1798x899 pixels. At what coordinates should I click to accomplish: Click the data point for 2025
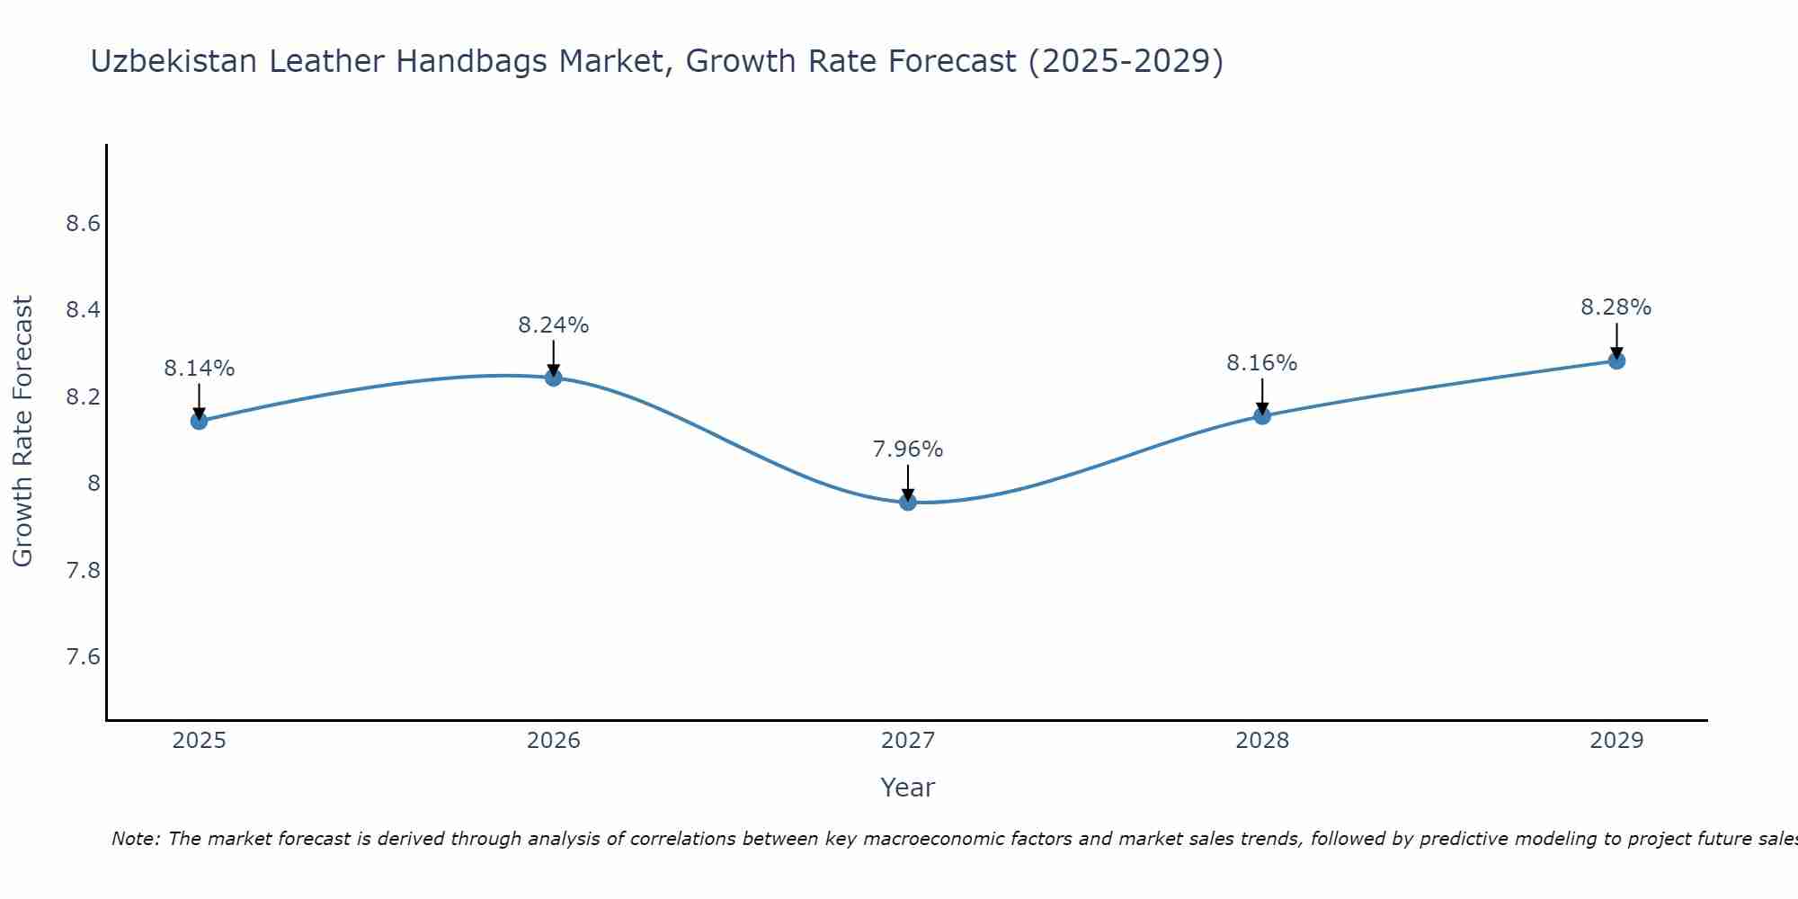pos(199,421)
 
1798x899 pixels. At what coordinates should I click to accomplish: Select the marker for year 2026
pos(553,378)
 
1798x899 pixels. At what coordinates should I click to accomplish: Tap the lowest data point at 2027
pos(908,502)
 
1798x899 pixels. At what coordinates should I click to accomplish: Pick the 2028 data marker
pos(1262,415)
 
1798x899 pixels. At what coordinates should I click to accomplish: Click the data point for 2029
pos(1616,360)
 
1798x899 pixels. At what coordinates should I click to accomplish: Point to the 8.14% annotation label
pos(199,369)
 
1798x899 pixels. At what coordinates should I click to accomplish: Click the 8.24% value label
pos(553,325)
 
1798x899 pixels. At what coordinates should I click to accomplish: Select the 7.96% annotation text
pos(908,449)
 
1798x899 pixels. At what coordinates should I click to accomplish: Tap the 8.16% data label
pos(1262,363)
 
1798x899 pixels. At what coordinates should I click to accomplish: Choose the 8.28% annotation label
pos(1616,307)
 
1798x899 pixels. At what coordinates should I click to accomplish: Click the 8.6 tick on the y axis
pos(83,224)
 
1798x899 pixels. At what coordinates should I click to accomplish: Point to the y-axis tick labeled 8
pos(93,484)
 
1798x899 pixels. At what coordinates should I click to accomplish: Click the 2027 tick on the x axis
pos(908,741)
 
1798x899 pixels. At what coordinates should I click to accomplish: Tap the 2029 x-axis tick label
pos(1616,741)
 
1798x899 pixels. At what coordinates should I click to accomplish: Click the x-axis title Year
pos(908,788)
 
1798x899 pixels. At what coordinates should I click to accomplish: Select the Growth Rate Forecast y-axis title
pos(22,432)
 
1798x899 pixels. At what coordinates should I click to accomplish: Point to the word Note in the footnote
pos(135,839)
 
